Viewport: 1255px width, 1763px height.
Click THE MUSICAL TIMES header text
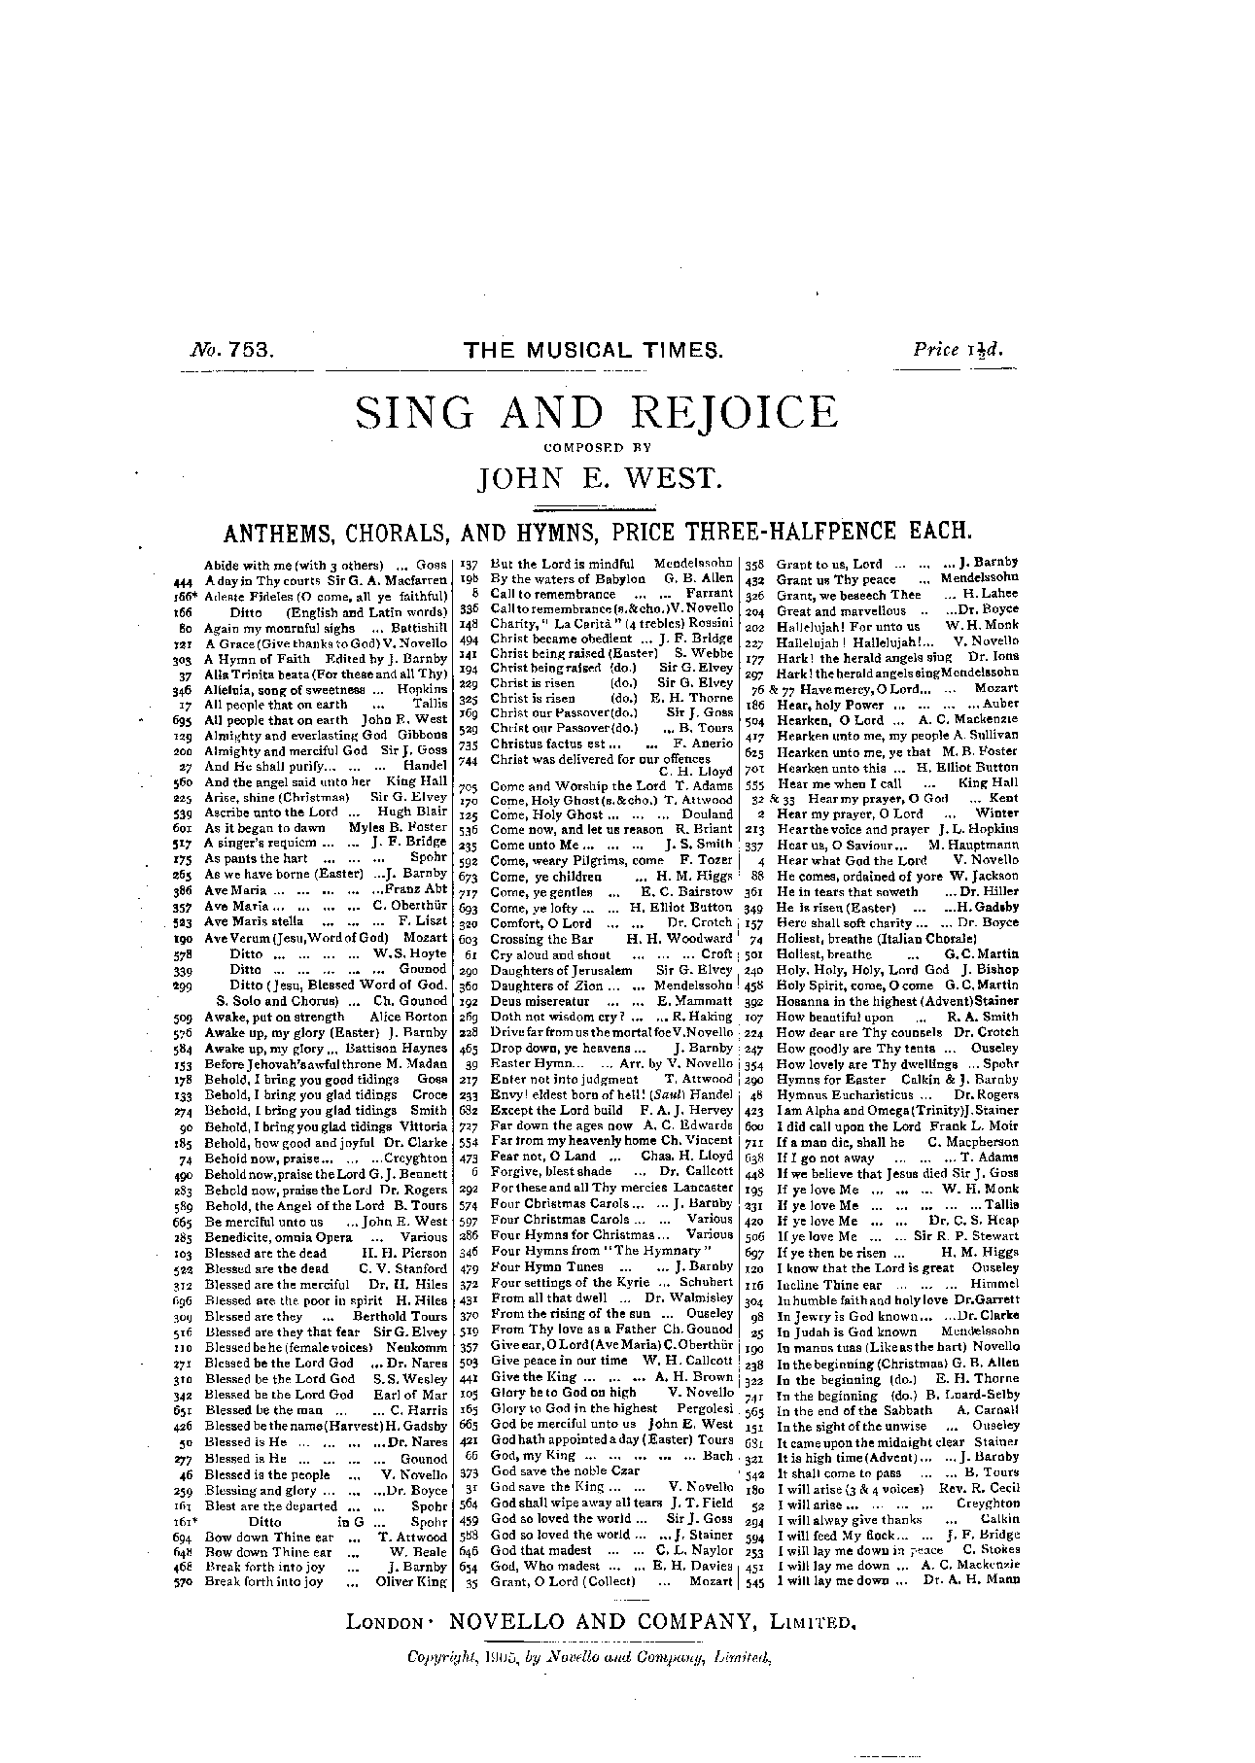[595, 351]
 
